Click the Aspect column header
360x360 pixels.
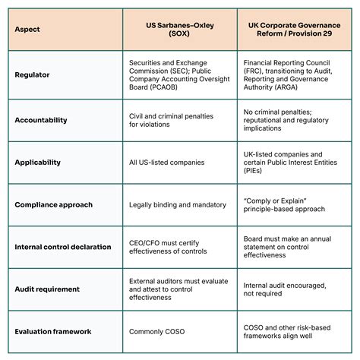pos(27,30)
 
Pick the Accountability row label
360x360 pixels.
pos(41,119)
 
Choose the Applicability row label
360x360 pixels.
pos(38,162)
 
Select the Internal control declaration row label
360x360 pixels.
pos(63,247)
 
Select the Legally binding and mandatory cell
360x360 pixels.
pos(178,204)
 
